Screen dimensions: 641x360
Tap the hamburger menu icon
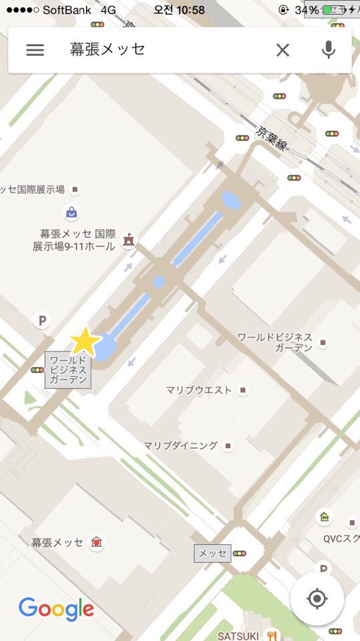pos(35,50)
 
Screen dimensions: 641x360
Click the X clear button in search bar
pos(283,50)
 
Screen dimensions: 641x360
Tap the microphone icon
pos(328,50)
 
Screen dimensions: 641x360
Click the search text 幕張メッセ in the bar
pos(108,49)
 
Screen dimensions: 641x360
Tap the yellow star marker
pos(85,341)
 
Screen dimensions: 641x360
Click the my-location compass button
pos(317,598)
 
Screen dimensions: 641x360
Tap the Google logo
pos(56,609)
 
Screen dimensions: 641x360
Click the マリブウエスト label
pos(199,390)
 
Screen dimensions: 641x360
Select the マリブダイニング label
pos(181,445)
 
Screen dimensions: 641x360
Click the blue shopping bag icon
pos(71,213)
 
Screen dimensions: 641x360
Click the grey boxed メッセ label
pos(212,554)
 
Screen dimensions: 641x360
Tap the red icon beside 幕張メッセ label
pos(98,542)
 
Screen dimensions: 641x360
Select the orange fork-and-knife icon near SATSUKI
pos(271,635)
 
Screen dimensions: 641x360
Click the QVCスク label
pos(341,538)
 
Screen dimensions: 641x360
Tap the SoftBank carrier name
pos(67,10)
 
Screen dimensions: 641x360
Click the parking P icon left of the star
pos(42,321)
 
